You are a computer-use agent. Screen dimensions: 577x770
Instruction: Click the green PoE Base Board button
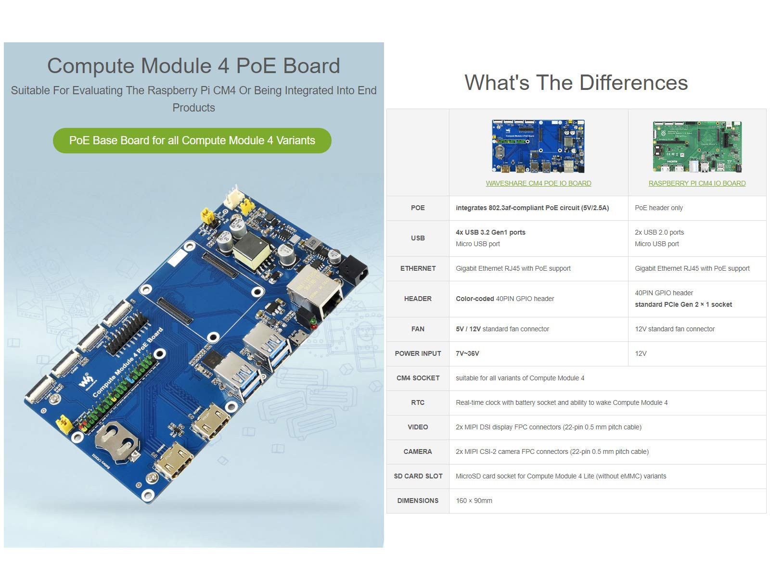192,140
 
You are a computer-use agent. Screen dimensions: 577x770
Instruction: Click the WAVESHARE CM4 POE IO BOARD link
538,183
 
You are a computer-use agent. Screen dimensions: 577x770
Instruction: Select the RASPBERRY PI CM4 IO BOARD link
697,183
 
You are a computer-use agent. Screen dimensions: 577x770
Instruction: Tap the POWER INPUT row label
418,353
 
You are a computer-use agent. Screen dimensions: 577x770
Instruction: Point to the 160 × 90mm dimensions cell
474,501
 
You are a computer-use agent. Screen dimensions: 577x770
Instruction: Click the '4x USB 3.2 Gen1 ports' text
490,232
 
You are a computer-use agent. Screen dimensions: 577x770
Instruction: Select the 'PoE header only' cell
658,208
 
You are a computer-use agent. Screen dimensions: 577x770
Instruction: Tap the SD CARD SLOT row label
418,476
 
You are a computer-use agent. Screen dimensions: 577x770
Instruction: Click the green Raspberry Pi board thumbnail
697,147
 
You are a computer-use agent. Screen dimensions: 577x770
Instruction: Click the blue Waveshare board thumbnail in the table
538,146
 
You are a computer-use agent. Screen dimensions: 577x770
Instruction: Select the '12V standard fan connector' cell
674,329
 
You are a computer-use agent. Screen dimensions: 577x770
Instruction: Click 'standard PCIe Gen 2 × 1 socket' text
683,304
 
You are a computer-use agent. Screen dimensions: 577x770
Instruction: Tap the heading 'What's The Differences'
576,83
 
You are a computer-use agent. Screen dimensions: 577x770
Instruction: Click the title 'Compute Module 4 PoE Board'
193,66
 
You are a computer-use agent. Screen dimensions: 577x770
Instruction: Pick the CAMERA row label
418,452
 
